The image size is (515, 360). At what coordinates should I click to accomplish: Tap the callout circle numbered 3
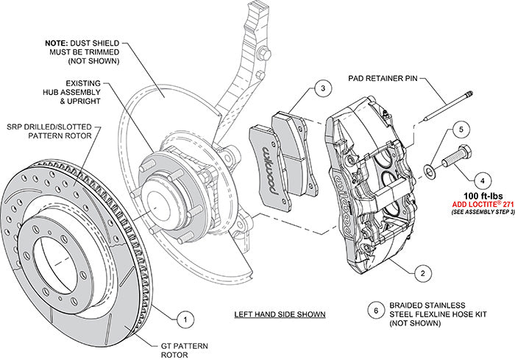[x=321, y=90]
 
